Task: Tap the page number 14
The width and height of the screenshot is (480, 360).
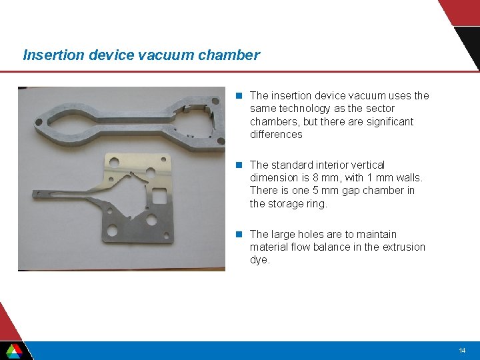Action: [462, 351]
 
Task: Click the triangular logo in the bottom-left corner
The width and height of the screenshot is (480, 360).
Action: [14, 351]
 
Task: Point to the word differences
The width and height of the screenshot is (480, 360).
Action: [276, 135]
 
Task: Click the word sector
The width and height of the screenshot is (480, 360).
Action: [379, 109]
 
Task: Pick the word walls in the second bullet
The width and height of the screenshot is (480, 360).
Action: [408, 178]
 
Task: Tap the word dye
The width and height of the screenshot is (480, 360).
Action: [260, 260]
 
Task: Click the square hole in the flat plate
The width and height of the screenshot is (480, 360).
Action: [159, 196]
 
